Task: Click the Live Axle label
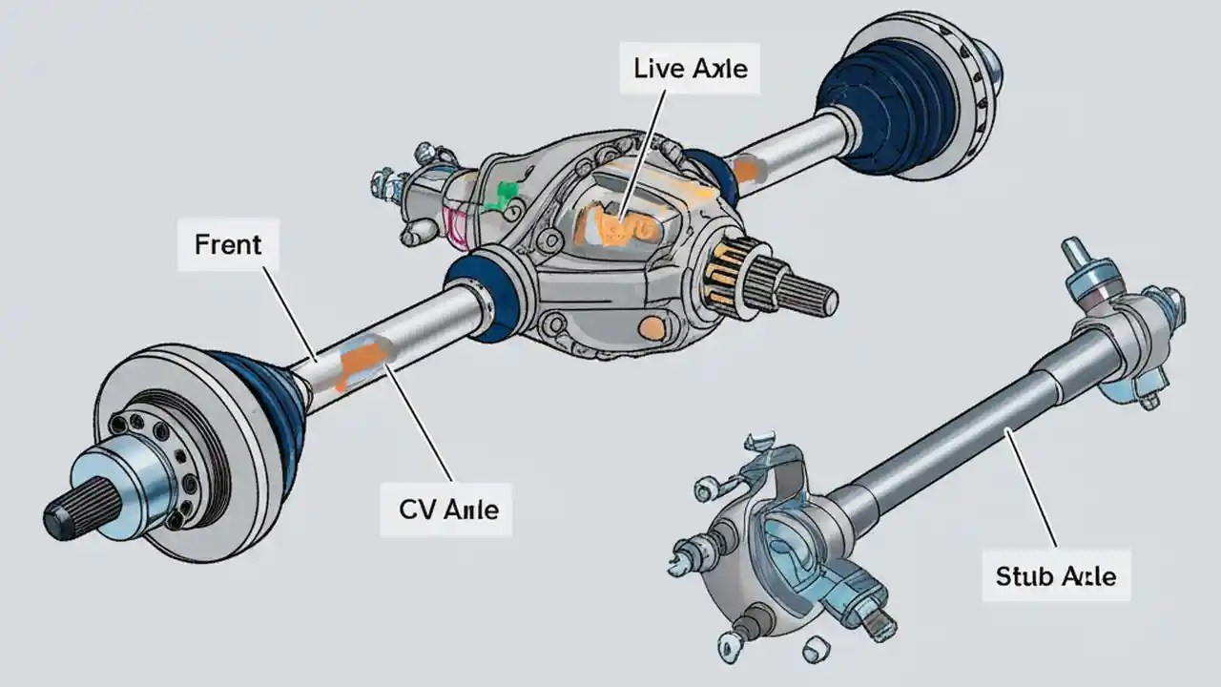click(x=690, y=68)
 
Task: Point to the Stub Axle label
click(x=1056, y=575)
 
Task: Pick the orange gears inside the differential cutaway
click(x=621, y=227)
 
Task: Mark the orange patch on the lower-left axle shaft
click(x=363, y=362)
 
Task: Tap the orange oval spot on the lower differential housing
click(x=652, y=328)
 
